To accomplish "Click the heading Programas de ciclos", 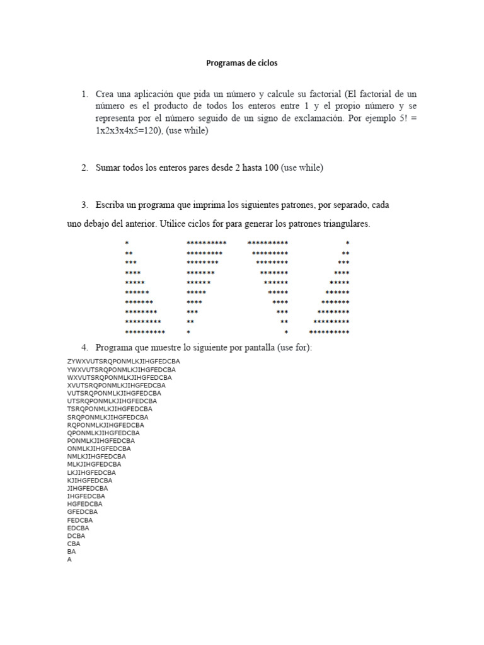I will (242, 63).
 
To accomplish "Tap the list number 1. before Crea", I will (84, 93).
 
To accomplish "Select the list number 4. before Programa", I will (84, 348).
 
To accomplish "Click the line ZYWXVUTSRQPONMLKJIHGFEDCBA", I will (124, 361).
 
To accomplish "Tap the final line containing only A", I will (69, 559).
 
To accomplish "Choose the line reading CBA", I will (74, 544).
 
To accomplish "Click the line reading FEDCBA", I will (80, 520).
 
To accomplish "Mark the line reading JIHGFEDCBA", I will (88, 488).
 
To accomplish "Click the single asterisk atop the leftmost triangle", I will (127, 243).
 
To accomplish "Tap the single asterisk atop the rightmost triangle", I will (347, 243).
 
